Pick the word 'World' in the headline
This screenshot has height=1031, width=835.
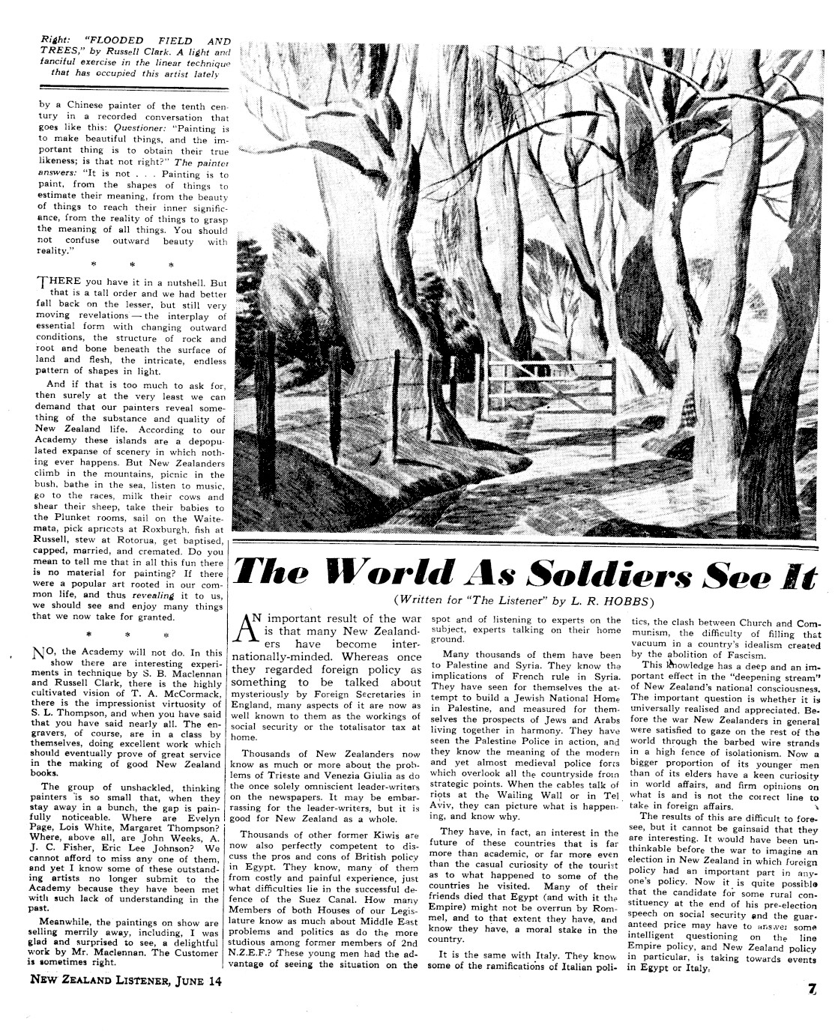point(376,575)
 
